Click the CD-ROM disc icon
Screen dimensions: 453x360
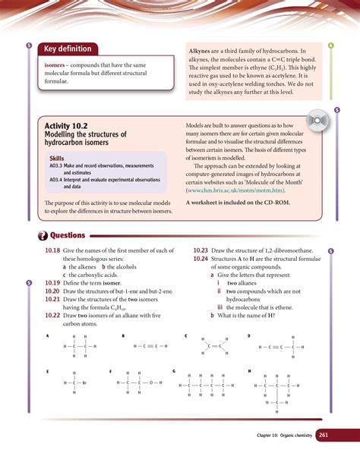[x=317, y=123]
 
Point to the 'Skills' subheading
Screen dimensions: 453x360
[x=58, y=158]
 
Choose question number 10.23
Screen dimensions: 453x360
[x=201, y=250]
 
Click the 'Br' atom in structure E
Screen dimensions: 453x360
[x=84, y=382]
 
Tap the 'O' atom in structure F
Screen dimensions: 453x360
[x=150, y=382]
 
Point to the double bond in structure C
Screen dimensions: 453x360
[x=211, y=347]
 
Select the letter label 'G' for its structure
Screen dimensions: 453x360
[x=175, y=371]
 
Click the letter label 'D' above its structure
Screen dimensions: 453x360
[x=248, y=335]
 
